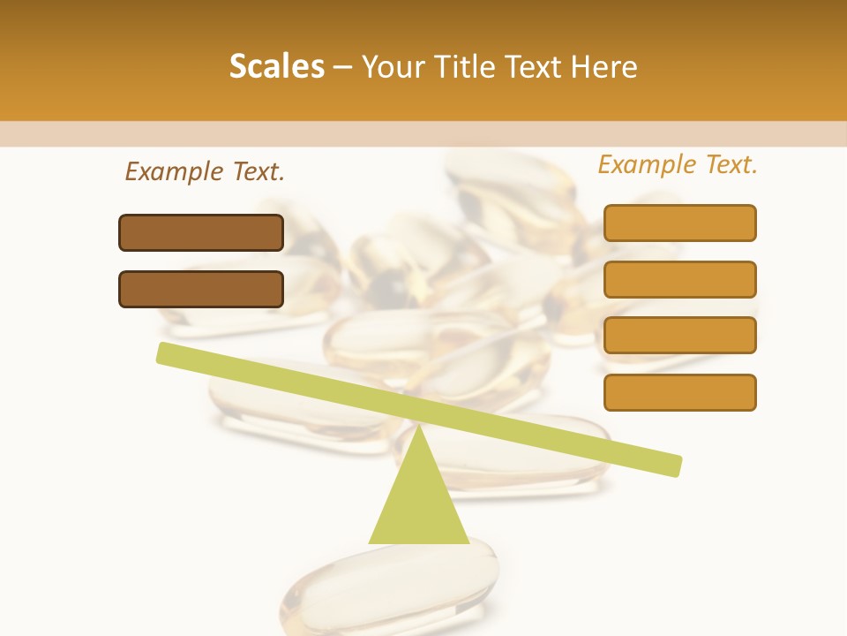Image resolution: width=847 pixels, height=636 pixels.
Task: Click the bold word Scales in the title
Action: tap(277, 66)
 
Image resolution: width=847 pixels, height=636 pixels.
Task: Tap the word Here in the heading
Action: tap(603, 66)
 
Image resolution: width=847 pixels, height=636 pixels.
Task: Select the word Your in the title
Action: tap(394, 66)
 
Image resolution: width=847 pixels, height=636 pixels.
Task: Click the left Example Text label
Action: tap(205, 171)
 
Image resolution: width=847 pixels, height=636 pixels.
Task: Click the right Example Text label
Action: tap(678, 164)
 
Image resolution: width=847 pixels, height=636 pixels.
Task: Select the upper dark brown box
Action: tap(201, 232)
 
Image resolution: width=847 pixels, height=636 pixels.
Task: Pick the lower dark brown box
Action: tap(201, 289)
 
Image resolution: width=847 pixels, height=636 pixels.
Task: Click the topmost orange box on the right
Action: tap(679, 223)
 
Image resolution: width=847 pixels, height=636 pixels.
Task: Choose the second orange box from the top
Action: tap(679, 279)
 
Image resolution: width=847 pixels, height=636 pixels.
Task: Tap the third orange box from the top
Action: tap(679, 336)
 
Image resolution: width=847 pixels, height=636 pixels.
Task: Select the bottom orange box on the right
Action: tap(679, 392)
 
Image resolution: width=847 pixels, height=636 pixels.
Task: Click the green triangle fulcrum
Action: tap(418, 503)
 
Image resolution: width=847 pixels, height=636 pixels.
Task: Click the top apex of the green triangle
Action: tap(418, 429)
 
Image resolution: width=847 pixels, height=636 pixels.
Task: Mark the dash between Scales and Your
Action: tap(342, 67)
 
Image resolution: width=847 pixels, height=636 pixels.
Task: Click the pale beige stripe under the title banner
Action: tap(423, 133)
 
